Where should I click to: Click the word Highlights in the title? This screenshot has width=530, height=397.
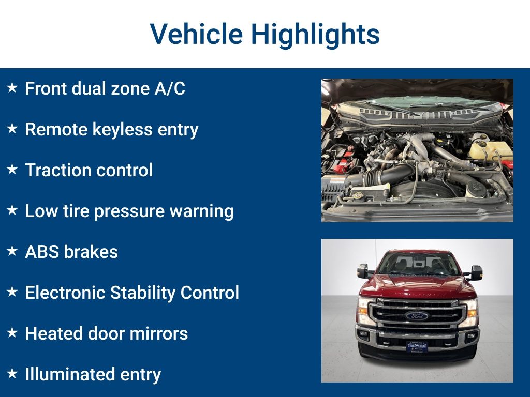[315, 34]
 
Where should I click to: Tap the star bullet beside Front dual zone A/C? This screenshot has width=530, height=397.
[12, 88]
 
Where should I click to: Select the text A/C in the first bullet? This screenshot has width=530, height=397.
[170, 88]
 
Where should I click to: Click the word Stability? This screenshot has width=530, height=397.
[136, 293]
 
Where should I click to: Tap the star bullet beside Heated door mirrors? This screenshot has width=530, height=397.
[12, 333]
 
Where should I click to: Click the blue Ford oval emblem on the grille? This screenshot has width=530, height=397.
[417, 315]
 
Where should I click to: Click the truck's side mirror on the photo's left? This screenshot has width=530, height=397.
[363, 271]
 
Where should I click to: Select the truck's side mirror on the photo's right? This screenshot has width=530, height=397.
[475, 272]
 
